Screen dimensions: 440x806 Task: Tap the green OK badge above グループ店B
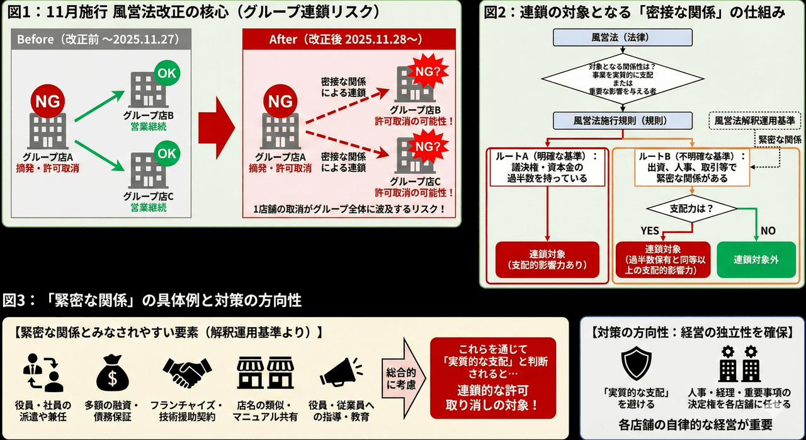[167, 72]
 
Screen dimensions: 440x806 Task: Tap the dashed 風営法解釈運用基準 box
[754, 120]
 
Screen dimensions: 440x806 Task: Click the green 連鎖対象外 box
[756, 259]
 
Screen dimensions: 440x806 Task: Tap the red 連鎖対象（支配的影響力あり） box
[547, 259]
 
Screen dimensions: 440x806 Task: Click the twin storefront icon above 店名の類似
[263, 373]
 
